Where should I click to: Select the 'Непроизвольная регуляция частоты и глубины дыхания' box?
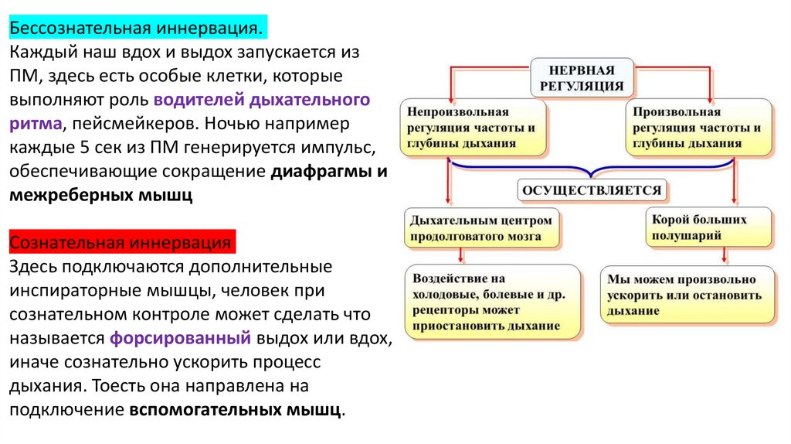pos(472,128)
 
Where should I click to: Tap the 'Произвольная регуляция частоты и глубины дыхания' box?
pos(696,128)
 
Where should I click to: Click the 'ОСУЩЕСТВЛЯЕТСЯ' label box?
pos(592,189)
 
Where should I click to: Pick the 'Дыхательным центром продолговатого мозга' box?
pos(483,227)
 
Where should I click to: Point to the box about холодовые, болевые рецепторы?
pos(494,302)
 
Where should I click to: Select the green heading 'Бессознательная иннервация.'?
pos(136,29)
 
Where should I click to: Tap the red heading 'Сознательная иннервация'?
pos(121,243)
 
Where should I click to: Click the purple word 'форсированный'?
pos(180,338)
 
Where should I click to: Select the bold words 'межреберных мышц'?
pos(100,195)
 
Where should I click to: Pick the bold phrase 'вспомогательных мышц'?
pos(235,409)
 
